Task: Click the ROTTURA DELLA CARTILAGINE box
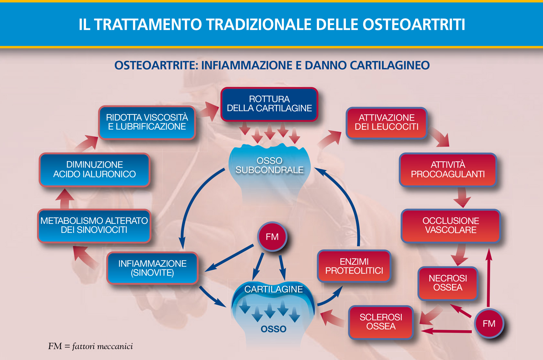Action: tap(269, 104)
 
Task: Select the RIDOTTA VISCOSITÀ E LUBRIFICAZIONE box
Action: tap(147, 123)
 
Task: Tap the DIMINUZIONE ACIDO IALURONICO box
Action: tap(94, 169)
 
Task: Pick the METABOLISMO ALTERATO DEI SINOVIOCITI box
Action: tap(94, 226)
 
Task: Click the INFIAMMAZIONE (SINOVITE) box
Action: tap(153, 268)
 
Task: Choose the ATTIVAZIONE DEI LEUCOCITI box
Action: tap(387, 123)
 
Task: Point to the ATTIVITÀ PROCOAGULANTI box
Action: tap(448, 169)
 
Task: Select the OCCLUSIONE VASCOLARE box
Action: tap(451, 226)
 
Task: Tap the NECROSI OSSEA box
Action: tap(448, 283)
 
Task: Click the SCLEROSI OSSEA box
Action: tap(381, 322)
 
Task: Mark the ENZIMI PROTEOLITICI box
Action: tap(354, 267)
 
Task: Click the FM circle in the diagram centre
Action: tap(272, 236)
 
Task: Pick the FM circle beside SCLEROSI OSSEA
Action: tap(489, 323)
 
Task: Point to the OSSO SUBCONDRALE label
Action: tap(270, 165)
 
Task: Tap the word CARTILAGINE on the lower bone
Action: tap(273, 289)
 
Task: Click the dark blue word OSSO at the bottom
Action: tap(273, 329)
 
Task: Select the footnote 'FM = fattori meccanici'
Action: tap(90, 346)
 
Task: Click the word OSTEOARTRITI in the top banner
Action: tap(414, 24)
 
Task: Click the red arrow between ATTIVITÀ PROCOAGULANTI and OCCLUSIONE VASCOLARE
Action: tap(462, 197)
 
